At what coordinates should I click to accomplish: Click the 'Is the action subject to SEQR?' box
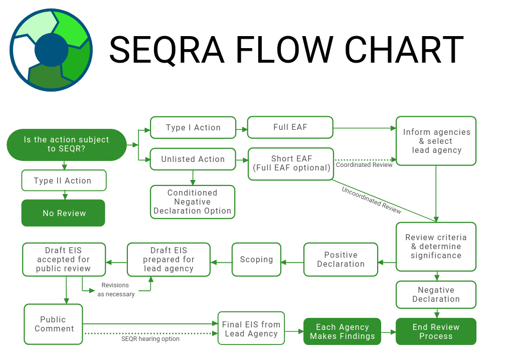(x=66, y=145)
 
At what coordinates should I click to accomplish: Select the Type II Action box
(x=64, y=181)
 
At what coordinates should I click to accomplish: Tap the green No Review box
(x=63, y=213)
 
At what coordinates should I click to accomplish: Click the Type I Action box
(x=193, y=127)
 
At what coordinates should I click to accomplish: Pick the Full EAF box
(x=290, y=127)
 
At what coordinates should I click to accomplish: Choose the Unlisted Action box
(x=193, y=159)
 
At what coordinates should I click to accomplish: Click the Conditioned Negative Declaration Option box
(x=193, y=202)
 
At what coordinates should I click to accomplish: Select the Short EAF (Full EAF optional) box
(x=291, y=163)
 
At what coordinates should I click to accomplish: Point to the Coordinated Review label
(x=364, y=165)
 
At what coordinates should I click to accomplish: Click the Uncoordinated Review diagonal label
(x=371, y=200)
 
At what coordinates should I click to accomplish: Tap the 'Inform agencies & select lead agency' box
(x=436, y=141)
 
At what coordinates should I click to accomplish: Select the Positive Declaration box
(x=341, y=259)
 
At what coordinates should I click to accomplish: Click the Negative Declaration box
(x=436, y=294)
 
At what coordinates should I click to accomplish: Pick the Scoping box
(x=256, y=259)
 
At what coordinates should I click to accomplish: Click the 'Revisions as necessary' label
(x=116, y=290)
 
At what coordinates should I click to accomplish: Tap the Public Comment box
(x=54, y=324)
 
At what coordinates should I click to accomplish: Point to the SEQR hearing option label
(x=150, y=339)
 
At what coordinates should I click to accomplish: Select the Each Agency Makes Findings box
(x=342, y=331)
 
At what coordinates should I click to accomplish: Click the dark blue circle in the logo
(x=51, y=50)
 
